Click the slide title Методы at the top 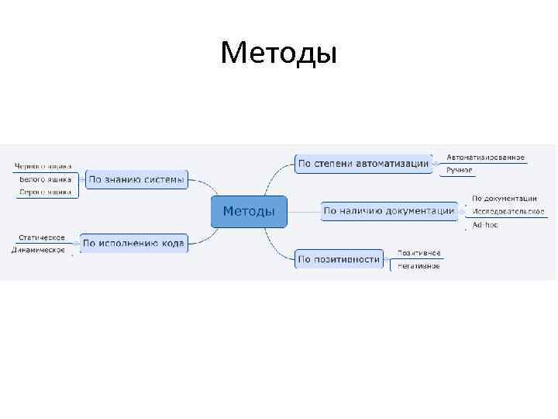tap(278, 54)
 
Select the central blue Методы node tap(249, 211)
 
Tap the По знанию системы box tap(136, 180)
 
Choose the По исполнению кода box tap(133, 244)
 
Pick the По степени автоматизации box tap(363, 163)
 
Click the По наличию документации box tap(389, 210)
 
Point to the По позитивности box tap(339, 259)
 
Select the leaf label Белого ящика tap(46, 179)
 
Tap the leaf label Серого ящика tap(46, 192)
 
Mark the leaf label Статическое tap(42, 237)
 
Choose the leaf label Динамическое tap(39, 250)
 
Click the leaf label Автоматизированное tap(485, 158)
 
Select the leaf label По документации tap(505, 199)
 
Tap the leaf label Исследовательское tap(508, 211)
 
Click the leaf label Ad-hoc tap(485, 224)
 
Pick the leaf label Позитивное tap(419, 253)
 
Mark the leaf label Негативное tap(418, 265)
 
